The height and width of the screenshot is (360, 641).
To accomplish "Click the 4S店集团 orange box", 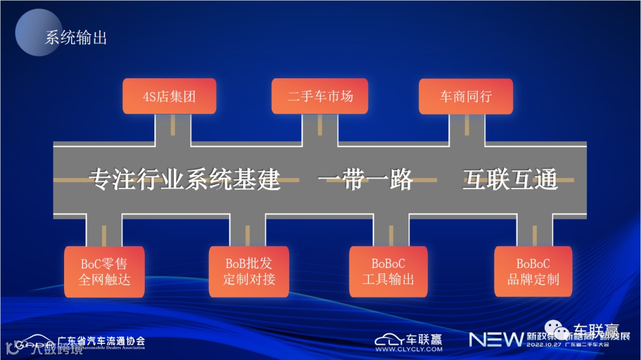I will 169,96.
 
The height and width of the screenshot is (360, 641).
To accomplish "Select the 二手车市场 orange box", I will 319,96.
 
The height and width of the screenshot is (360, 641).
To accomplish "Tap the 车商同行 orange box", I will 466,96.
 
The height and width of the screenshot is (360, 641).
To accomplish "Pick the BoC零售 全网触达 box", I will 104,272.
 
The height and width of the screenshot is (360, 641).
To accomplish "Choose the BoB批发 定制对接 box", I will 249,272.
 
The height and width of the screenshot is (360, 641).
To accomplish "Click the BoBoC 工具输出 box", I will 389,272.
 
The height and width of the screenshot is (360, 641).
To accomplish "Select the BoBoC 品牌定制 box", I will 533,272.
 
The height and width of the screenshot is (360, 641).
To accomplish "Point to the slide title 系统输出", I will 76,39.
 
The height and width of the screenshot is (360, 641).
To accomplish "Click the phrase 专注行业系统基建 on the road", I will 184,180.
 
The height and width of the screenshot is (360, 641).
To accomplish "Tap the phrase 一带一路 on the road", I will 365,180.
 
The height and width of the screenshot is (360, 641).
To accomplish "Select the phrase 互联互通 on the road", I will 510,180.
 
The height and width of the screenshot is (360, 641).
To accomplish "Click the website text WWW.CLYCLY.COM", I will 408,349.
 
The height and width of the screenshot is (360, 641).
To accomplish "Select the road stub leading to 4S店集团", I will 173,128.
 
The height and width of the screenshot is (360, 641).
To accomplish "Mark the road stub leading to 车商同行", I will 467,128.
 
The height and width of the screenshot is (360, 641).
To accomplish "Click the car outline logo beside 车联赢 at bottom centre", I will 389,339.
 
